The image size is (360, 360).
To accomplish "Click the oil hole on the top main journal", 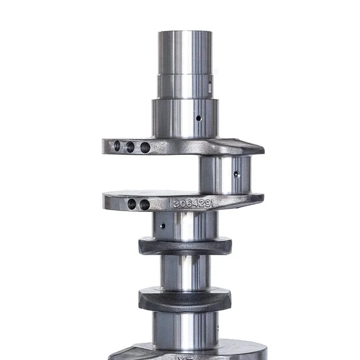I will [198, 118].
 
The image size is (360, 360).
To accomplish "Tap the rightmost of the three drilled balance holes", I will [145, 147].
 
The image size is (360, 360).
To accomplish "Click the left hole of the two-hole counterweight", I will [132, 204].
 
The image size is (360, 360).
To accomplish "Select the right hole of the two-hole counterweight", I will [144, 205].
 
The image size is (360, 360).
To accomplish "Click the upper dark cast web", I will [184, 246].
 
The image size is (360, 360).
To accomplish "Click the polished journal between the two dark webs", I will [184, 272].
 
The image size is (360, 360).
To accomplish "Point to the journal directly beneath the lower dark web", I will [184, 328].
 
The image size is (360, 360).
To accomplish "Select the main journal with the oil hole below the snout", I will [184, 118].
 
